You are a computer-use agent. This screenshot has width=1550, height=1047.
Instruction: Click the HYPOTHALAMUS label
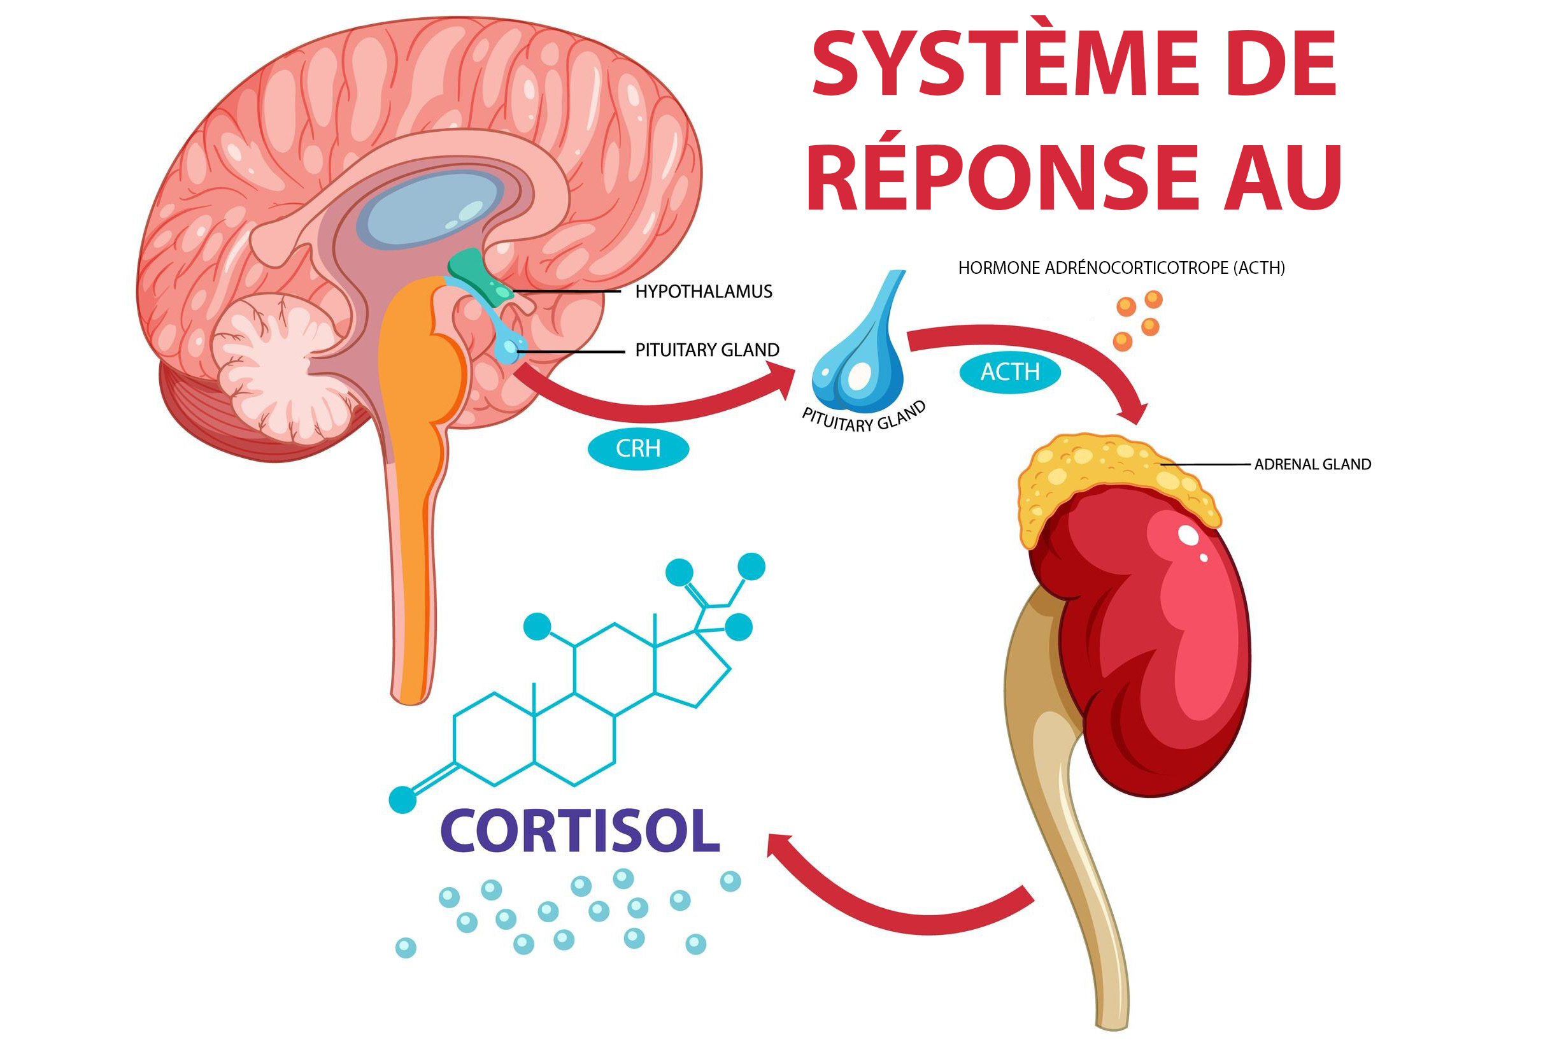tap(703, 292)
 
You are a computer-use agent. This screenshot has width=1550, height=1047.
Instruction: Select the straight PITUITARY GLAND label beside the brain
tap(707, 350)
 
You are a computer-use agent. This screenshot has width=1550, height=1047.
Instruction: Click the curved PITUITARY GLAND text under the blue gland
tap(864, 419)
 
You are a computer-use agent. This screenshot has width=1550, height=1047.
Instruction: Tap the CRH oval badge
tap(637, 449)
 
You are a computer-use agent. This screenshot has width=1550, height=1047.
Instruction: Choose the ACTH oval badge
tap(1009, 372)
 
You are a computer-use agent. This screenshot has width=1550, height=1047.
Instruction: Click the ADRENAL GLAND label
tap(1312, 464)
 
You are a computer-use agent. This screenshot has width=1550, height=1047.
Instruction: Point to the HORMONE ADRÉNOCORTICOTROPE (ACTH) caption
tap(1121, 268)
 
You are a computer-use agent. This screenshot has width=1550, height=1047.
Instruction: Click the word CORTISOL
tap(579, 832)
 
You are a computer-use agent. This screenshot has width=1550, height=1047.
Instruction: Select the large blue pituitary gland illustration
tap(860, 353)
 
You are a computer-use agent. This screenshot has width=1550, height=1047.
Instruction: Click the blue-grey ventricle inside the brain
tap(430, 207)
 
